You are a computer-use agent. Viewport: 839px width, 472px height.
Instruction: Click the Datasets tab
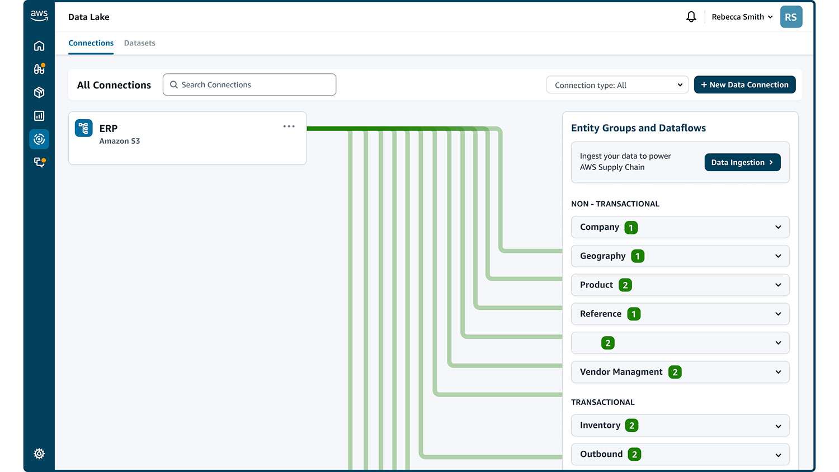(x=139, y=43)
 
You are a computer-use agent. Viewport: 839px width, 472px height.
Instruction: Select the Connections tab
(x=91, y=43)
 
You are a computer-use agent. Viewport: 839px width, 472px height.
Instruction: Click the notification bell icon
(x=691, y=17)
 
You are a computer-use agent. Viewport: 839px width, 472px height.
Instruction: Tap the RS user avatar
(x=791, y=17)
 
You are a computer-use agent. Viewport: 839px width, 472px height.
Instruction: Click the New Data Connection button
(x=744, y=84)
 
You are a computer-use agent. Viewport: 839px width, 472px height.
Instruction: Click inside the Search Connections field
(x=249, y=84)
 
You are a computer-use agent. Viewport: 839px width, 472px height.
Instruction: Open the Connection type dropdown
(x=618, y=85)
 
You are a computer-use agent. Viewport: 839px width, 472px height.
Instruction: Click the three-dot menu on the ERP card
(x=289, y=126)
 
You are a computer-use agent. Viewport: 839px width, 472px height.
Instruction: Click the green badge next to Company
(x=631, y=228)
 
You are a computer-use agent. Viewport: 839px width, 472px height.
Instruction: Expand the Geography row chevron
(x=778, y=256)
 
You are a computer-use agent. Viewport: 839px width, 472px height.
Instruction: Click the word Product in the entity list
(x=596, y=285)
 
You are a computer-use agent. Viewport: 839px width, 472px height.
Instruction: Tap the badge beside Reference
(x=634, y=314)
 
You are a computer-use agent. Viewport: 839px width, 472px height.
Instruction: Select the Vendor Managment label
(x=621, y=372)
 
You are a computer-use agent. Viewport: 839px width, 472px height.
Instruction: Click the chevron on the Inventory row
(x=778, y=426)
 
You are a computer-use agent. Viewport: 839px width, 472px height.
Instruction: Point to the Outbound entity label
(x=601, y=454)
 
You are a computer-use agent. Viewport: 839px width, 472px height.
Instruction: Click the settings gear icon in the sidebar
(x=39, y=454)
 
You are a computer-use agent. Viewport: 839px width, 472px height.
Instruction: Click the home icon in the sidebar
(x=39, y=46)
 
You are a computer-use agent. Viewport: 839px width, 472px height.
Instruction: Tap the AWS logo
(x=39, y=16)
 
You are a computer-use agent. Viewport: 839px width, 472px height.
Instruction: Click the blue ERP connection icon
(x=83, y=128)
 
